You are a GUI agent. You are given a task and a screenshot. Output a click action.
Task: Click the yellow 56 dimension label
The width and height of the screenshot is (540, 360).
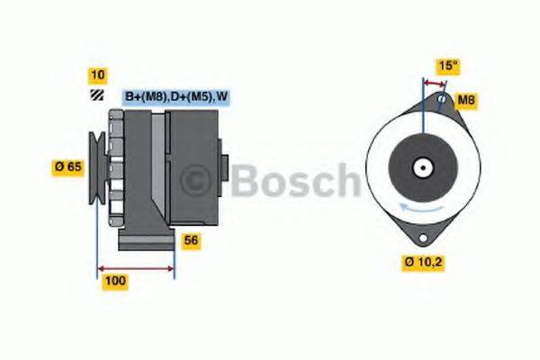click(191, 240)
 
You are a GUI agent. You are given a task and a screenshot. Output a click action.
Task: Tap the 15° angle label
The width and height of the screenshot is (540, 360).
click(448, 67)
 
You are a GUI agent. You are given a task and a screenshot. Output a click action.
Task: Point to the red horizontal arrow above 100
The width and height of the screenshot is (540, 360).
click(136, 267)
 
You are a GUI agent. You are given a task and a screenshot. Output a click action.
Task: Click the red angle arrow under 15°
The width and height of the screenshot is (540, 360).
click(434, 82)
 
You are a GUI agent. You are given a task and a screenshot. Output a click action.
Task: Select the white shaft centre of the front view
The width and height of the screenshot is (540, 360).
click(421, 167)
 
